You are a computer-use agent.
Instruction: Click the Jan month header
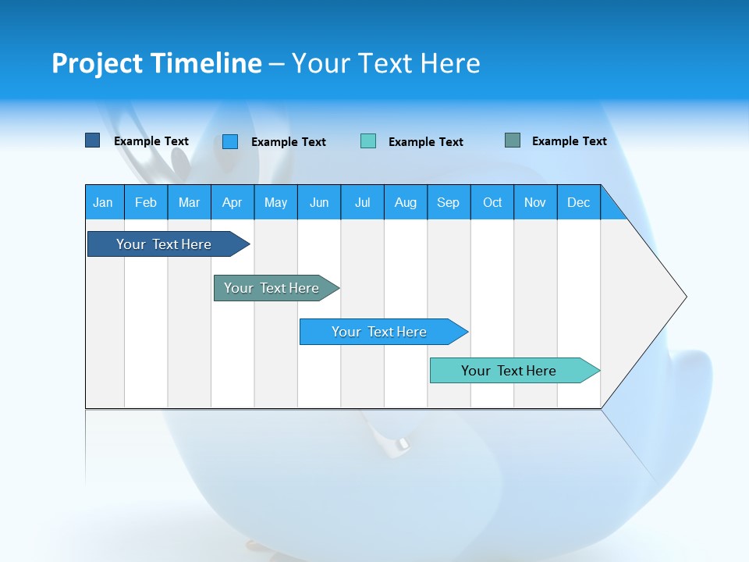[x=103, y=202]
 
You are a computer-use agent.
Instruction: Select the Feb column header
[x=146, y=202]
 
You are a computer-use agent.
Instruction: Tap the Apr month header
[x=232, y=202]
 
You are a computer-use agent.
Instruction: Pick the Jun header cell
[x=319, y=202]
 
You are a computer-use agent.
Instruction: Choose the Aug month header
[x=405, y=202]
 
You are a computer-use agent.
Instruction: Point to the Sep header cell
[x=448, y=202]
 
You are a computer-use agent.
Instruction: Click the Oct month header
[x=492, y=202]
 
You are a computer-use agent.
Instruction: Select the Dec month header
[x=578, y=202]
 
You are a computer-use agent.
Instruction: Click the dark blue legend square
[x=93, y=140]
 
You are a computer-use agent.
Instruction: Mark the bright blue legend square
[x=230, y=141]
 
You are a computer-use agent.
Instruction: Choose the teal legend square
[x=368, y=141]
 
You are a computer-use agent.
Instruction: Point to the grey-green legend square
[x=513, y=140]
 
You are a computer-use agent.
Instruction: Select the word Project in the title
[x=97, y=63]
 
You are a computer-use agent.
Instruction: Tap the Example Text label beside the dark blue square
[x=151, y=141]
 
